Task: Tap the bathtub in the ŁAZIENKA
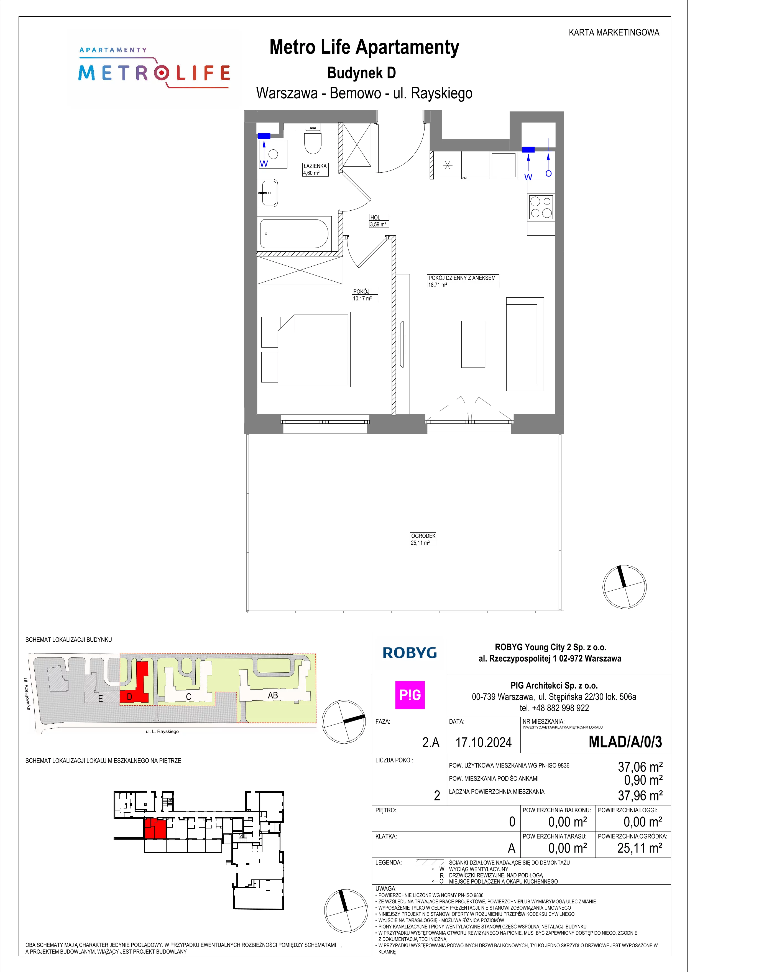tap(295, 234)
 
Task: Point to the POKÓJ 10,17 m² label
tap(365, 295)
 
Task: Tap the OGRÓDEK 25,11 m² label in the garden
tap(423, 539)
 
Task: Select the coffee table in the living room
tap(473, 344)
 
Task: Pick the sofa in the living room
tap(525, 344)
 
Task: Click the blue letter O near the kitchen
tap(548, 173)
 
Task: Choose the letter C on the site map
tap(189, 697)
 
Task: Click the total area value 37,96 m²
tap(640, 796)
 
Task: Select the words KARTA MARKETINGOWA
tap(614, 32)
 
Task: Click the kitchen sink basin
tap(503, 165)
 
